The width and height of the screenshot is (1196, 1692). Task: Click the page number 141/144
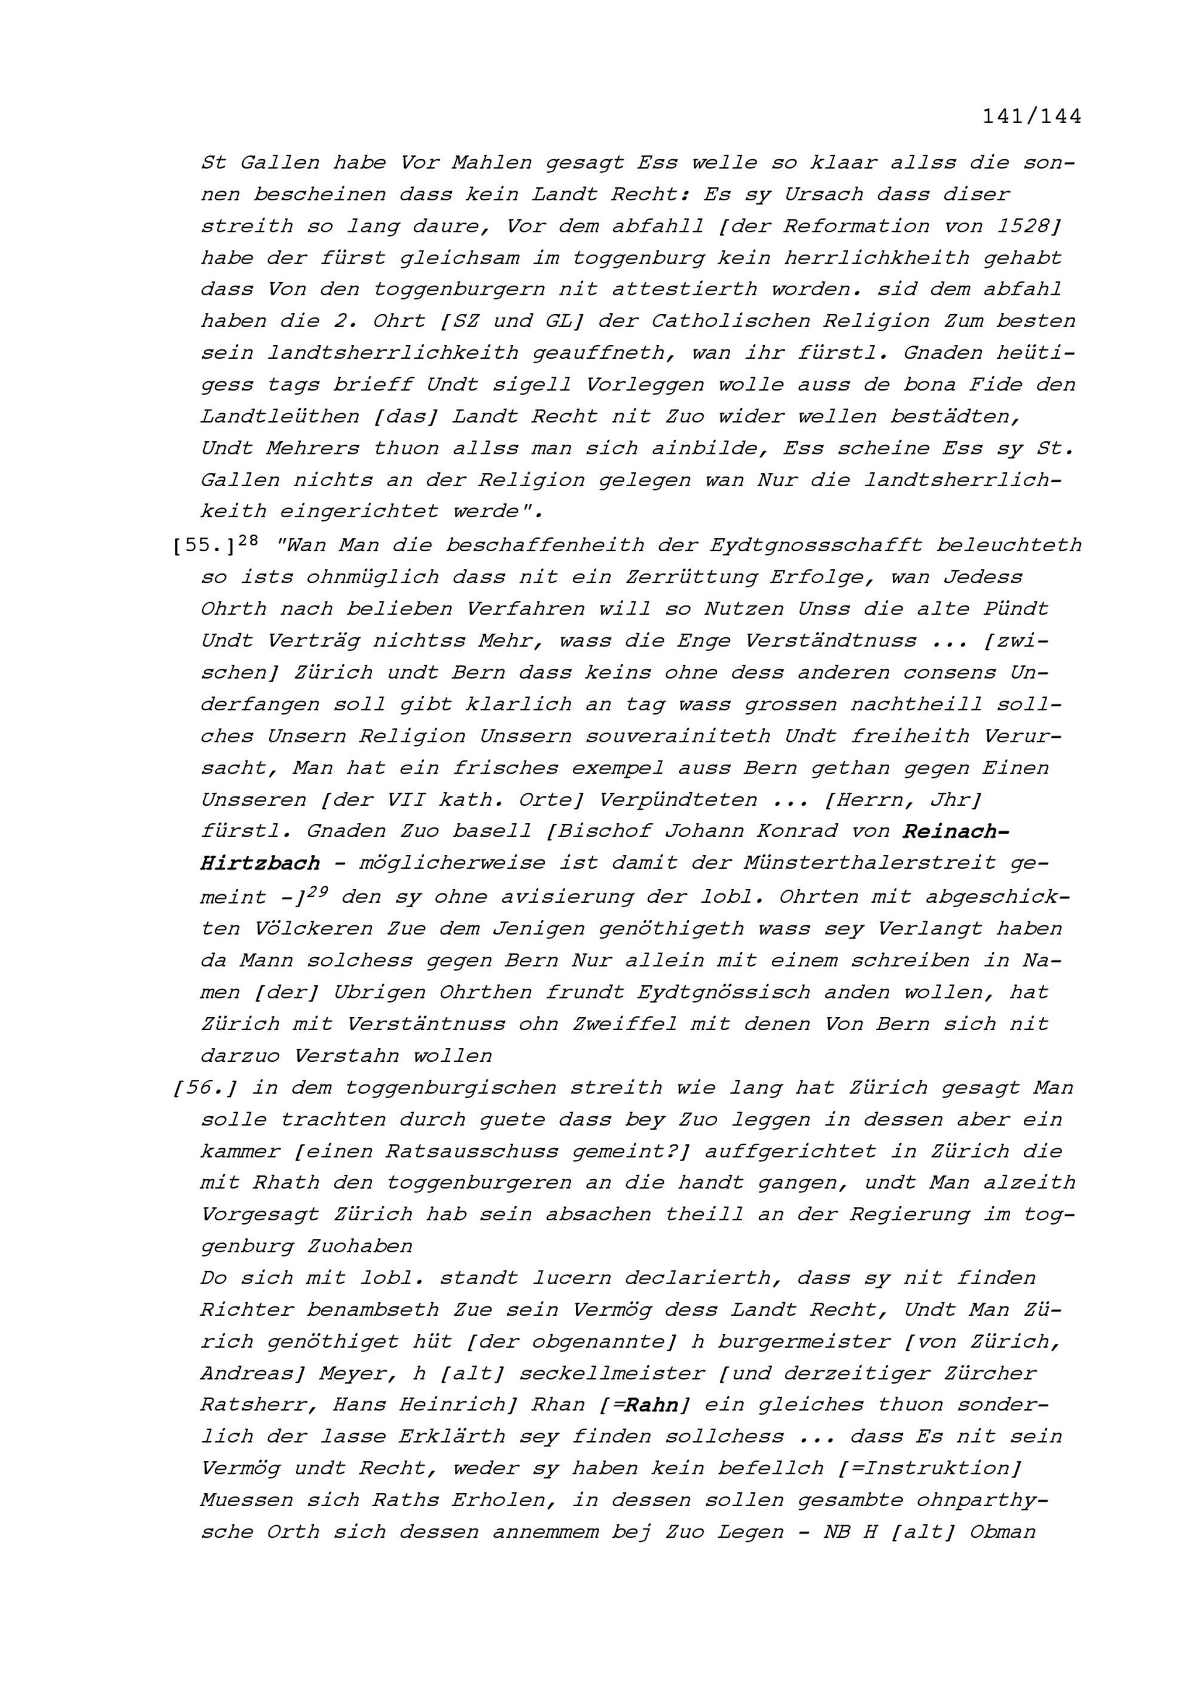click(1032, 117)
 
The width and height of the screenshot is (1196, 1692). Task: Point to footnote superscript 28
click(249, 540)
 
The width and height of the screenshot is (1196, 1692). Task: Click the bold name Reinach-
click(956, 831)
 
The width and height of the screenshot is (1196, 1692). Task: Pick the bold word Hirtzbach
click(260, 863)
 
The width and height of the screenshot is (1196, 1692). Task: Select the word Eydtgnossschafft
click(816, 546)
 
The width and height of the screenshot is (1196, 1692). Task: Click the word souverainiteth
click(678, 736)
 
